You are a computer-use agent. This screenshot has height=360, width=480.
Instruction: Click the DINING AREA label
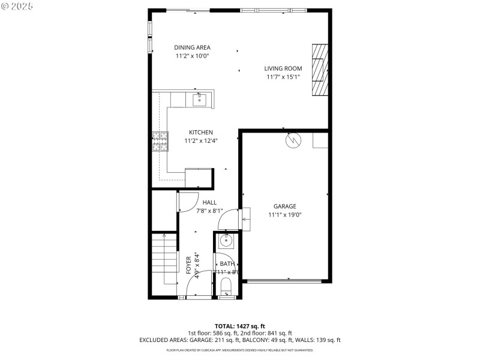point(192,47)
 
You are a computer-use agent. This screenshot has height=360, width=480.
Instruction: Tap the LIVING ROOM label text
point(283,68)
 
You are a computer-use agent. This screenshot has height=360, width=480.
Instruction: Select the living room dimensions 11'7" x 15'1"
point(283,77)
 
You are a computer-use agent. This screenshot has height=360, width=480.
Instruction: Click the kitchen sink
point(199,99)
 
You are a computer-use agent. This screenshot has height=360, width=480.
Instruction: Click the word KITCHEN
point(201,133)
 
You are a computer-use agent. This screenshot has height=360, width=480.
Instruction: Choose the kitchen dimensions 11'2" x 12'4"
point(201,141)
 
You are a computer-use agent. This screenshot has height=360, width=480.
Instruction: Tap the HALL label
point(209,203)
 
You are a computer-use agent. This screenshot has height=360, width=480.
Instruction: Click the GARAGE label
point(285,206)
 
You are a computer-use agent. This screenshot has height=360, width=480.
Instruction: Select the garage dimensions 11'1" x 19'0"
point(285,215)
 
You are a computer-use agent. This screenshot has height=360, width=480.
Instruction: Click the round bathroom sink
point(226,241)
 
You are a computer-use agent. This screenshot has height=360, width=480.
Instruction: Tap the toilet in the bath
point(226,286)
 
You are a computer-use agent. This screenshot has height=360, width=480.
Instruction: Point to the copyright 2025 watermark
point(18,5)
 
